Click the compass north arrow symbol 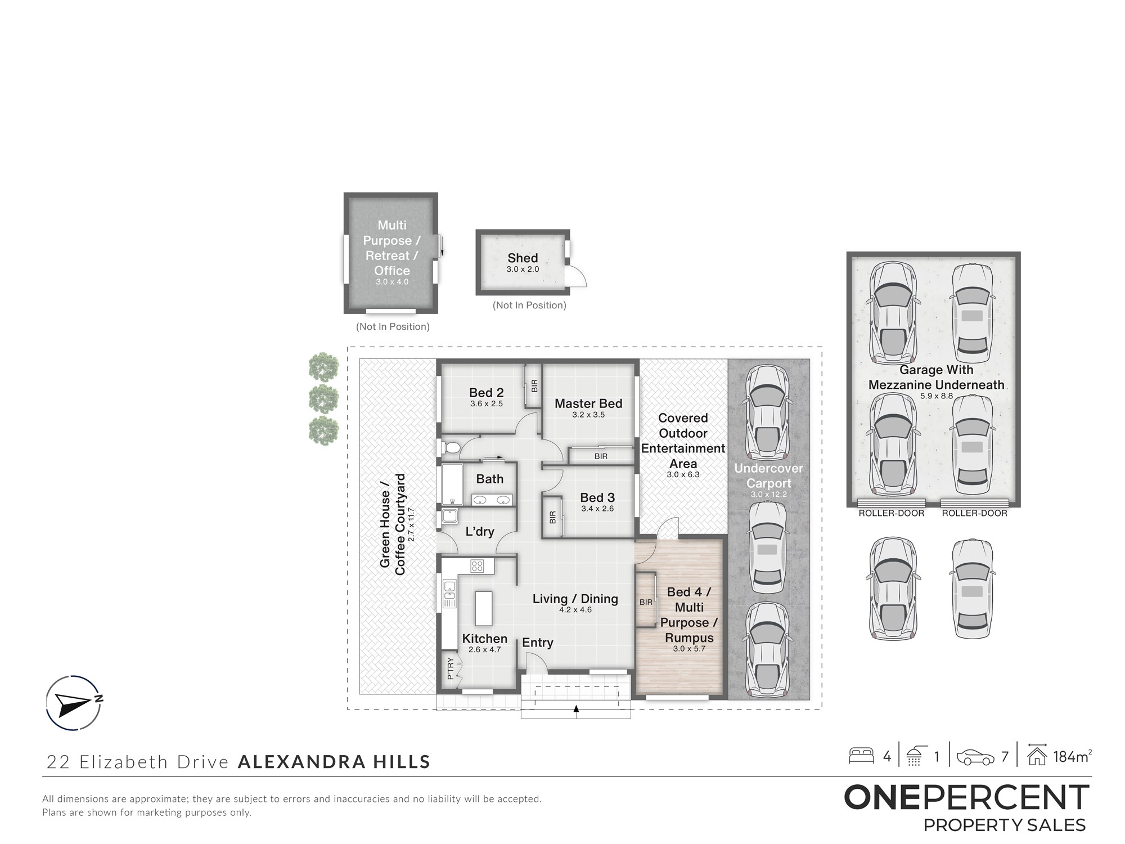point(73,703)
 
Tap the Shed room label point(523,258)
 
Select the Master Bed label point(588,403)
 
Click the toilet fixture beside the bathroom point(451,448)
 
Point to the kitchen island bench point(484,608)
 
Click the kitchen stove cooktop point(477,565)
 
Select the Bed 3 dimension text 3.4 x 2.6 point(597,509)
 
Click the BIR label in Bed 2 point(534,386)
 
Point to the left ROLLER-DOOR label point(891,513)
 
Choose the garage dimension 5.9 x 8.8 point(937,396)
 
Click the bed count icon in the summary point(861,756)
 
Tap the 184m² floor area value point(1073,756)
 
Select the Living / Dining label point(575,599)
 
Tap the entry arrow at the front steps point(576,710)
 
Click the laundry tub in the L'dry point(449,516)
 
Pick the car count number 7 point(1005,757)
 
